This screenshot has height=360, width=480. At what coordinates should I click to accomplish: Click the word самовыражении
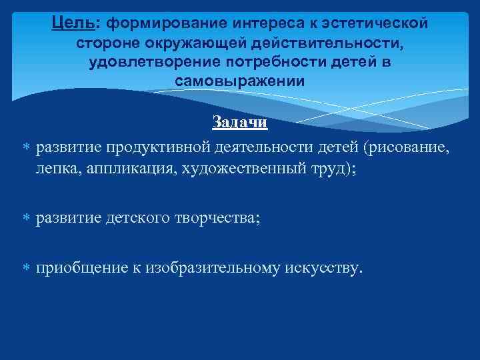(239, 81)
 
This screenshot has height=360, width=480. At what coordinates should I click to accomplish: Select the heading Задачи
(239, 123)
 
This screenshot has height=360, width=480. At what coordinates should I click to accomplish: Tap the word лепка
(57, 168)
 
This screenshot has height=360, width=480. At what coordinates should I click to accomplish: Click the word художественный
(241, 168)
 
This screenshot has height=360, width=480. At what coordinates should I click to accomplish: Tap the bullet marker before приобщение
(26, 268)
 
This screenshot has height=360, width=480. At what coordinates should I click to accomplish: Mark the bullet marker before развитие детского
(26, 218)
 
